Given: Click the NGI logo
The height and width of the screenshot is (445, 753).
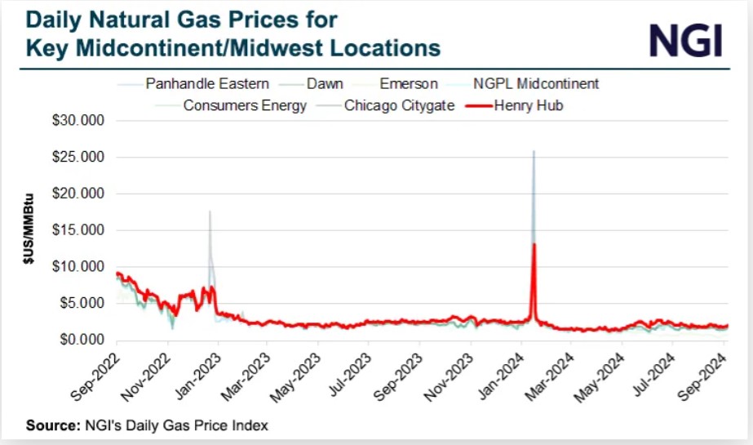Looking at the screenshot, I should tap(685, 38).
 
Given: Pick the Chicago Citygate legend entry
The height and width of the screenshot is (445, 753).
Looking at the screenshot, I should tap(399, 105).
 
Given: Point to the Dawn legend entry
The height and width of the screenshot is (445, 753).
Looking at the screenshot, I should tap(324, 83).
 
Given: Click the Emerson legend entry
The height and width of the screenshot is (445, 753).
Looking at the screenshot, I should tap(408, 83).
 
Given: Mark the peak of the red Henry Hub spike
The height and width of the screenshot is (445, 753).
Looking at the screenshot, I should tap(534, 244).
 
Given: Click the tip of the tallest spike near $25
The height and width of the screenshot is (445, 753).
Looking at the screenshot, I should tap(534, 151).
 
